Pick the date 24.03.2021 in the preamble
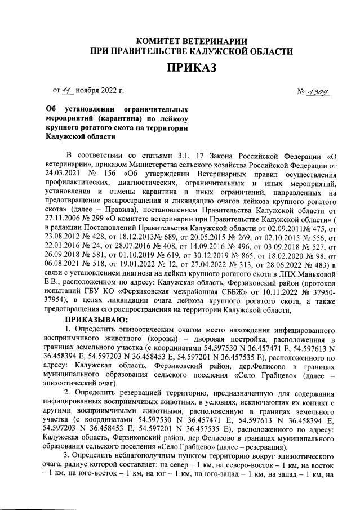pos(64,173)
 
